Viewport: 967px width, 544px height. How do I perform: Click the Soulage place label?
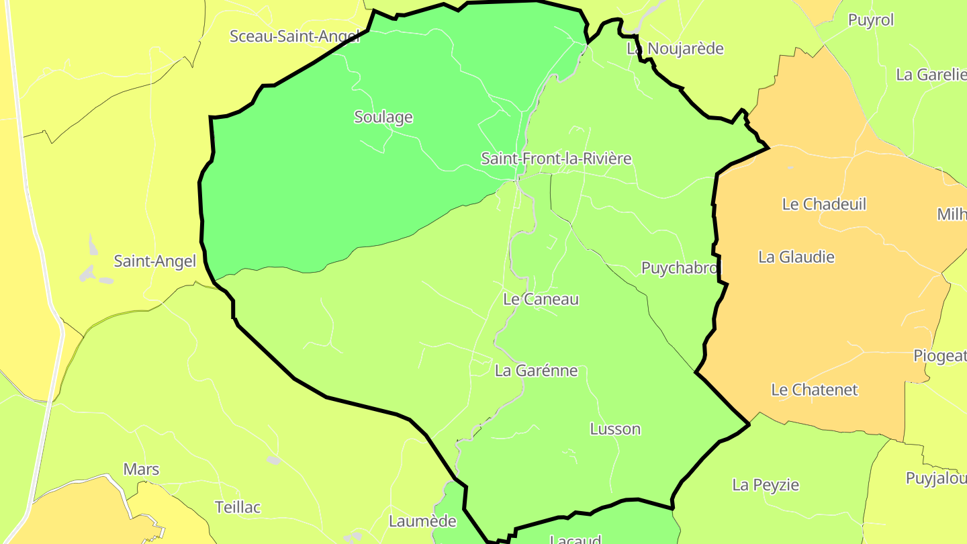(383, 118)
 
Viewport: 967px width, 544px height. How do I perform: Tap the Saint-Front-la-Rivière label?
(556, 158)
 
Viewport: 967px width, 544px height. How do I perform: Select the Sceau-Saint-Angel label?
(295, 36)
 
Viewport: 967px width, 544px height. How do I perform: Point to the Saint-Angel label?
(155, 261)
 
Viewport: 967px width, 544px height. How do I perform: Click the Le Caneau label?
(541, 300)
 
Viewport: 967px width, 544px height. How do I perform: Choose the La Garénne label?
(536, 371)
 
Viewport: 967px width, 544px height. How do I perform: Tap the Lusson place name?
(615, 429)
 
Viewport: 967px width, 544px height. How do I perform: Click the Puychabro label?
(680, 268)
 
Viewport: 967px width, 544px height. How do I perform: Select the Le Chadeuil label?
(824, 204)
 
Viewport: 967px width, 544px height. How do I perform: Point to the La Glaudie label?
(796, 257)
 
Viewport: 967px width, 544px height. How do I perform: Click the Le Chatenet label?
(815, 390)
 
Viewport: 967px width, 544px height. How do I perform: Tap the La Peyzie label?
(766, 485)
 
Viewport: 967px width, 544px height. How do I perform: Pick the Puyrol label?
(871, 20)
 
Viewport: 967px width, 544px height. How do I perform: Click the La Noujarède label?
(675, 48)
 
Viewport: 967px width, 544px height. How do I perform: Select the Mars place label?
(141, 469)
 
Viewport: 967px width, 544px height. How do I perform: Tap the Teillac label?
(238, 507)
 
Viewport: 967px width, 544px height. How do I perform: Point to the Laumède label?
(422, 521)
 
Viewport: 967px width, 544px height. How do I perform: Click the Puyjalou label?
(936, 478)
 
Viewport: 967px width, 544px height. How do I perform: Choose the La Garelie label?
(931, 75)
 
